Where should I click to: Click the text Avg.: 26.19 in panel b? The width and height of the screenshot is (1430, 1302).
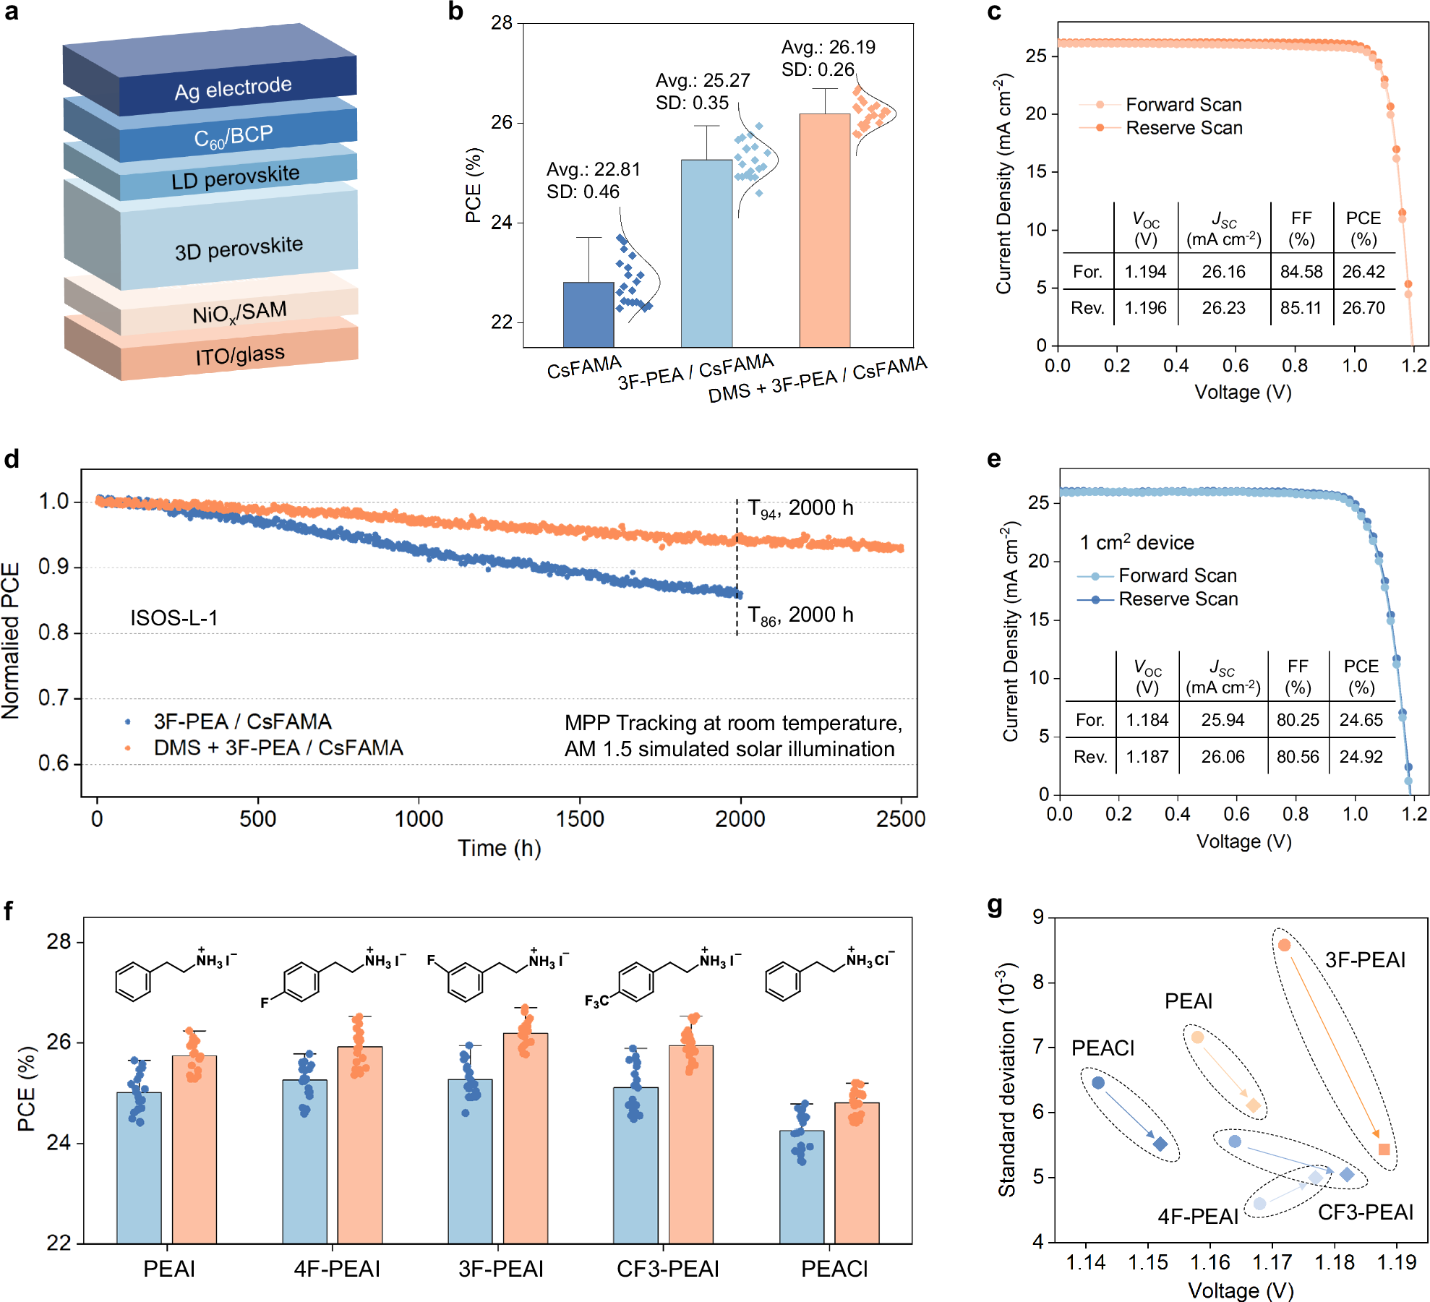click(x=828, y=47)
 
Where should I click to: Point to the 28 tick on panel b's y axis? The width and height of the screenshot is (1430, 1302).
click(x=502, y=23)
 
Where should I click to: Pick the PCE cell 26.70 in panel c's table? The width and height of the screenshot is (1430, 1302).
click(x=1363, y=308)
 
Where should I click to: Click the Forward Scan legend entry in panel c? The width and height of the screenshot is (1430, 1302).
click(x=1183, y=105)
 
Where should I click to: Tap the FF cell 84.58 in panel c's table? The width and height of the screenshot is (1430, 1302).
click(x=1301, y=272)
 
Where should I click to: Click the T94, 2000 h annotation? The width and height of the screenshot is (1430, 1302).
click(x=800, y=508)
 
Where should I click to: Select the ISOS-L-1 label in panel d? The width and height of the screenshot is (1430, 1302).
click(x=174, y=618)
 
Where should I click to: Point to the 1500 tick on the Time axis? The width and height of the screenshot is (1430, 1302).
click(x=579, y=819)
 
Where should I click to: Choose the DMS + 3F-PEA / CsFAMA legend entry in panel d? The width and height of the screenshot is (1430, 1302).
click(x=278, y=748)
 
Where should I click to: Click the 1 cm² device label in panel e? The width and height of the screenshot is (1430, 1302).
click(x=1136, y=542)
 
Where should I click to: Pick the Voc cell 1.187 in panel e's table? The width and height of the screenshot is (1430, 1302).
click(x=1147, y=757)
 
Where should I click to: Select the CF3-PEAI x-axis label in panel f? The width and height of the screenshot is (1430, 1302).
click(x=667, y=1269)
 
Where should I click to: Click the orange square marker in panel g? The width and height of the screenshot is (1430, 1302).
click(x=1384, y=1149)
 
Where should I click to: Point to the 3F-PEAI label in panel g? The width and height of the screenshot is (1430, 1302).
click(x=1364, y=960)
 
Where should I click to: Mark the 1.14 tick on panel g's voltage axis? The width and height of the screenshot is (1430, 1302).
click(x=1085, y=1263)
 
